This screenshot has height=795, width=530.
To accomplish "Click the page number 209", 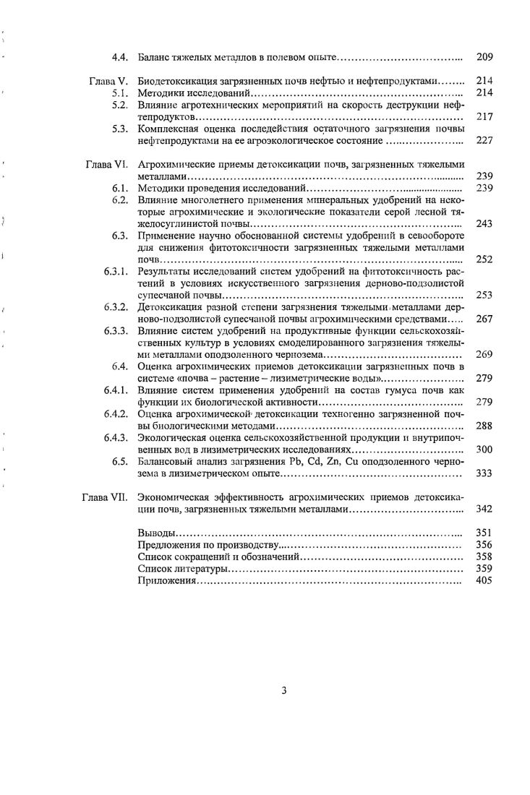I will [x=484, y=56].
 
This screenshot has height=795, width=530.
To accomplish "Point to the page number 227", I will [x=484, y=140].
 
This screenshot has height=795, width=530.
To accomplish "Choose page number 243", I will [x=484, y=224].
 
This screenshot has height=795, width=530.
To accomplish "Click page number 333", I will [x=484, y=473].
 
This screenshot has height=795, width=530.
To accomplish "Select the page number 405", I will [x=484, y=580].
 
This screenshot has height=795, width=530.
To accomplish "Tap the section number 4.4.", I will [x=119, y=56].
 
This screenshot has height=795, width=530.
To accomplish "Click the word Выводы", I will [x=155, y=533].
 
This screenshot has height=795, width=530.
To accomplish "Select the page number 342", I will [x=484, y=509].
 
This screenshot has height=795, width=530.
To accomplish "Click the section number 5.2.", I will [x=119, y=105].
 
